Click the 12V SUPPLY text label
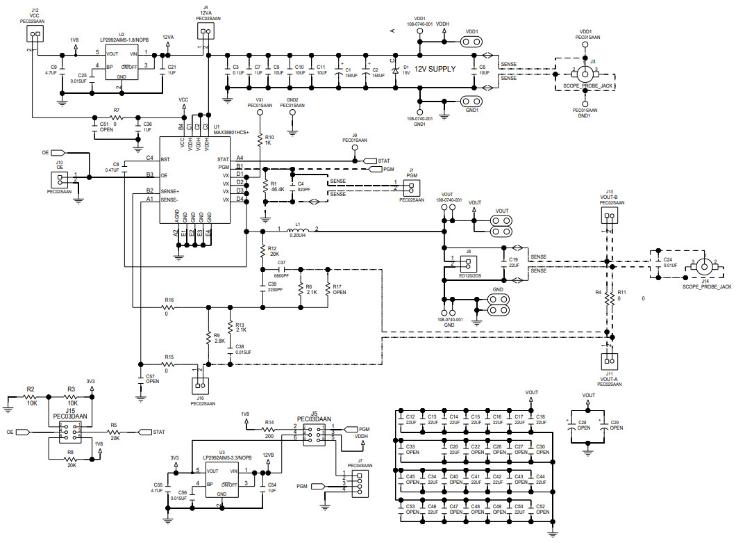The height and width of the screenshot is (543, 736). pyautogui.click(x=435, y=70)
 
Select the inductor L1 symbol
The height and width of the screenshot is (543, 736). pyautogui.click(x=298, y=231)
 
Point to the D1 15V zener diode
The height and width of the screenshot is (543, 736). pyautogui.click(x=396, y=70)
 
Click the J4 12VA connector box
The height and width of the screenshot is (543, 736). pyautogui.click(x=203, y=32)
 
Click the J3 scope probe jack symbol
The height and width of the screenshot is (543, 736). pyautogui.click(x=585, y=72)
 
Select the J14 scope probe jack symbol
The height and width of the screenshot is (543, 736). pyautogui.click(x=704, y=266)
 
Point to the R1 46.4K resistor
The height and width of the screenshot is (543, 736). pyautogui.click(x=265, y=186)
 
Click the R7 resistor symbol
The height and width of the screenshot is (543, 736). pyautogui.click(x=116, y=117)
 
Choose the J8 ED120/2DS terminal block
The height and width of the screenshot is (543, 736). pyautogui.click(x=468, y=262)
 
